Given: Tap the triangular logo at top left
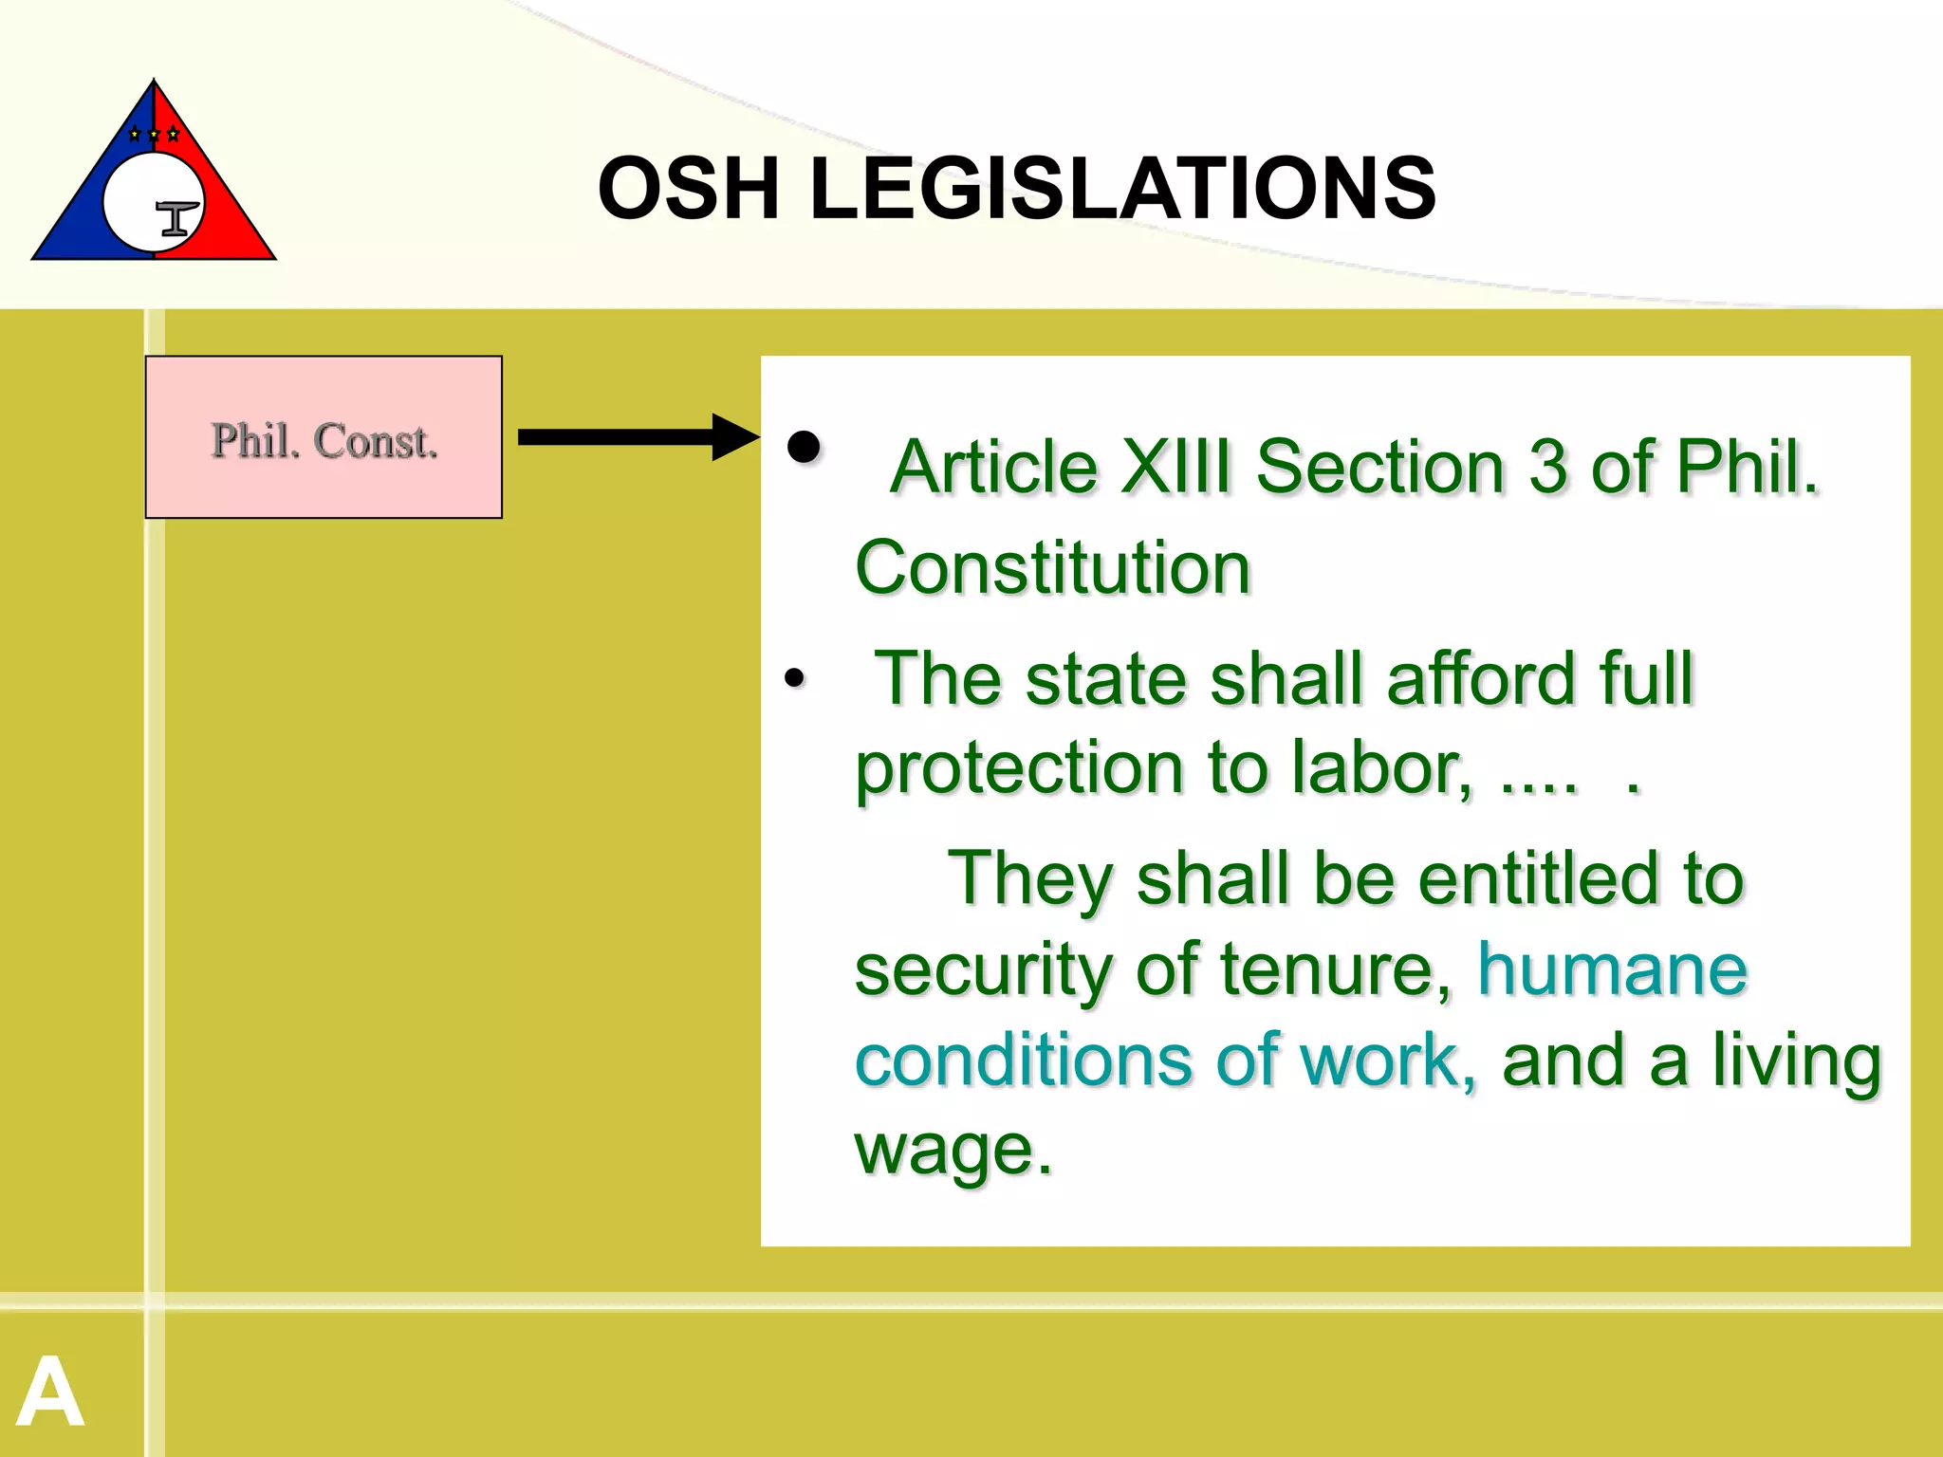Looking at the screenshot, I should click(x=154, y=175).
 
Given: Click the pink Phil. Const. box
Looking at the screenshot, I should click(x=324, y=437).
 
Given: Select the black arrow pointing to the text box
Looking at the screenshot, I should click(x=638, y=437).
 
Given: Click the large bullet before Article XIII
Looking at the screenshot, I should click(x=804, y=447).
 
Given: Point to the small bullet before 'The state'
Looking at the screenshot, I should click(x=794, y=677).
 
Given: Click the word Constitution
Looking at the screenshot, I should click(x=1053, y=567).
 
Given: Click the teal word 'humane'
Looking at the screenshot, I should click(x=1612, y=969).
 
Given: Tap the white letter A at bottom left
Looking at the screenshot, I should click(x=51, y=1392).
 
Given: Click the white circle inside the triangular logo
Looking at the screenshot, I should click(x=142, y=199).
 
